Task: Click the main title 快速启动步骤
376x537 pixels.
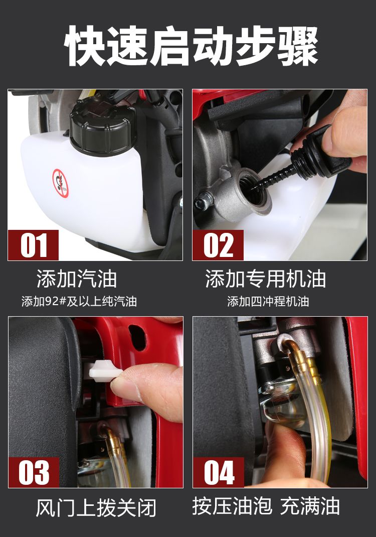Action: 191,46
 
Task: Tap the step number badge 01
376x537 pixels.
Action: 33,245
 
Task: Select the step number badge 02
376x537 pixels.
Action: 218,245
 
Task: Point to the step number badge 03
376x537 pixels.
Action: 34,472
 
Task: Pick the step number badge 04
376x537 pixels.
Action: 218,472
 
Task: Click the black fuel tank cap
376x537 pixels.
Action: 103,125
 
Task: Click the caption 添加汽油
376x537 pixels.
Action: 77,279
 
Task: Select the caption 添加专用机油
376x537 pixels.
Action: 266,279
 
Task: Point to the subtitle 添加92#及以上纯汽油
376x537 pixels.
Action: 79,302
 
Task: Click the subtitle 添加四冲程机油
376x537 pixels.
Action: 268,302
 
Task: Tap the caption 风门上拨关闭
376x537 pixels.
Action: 96,507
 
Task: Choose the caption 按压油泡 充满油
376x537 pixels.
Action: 266,506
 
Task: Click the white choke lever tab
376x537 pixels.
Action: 103,371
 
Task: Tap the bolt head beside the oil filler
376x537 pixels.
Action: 202,203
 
